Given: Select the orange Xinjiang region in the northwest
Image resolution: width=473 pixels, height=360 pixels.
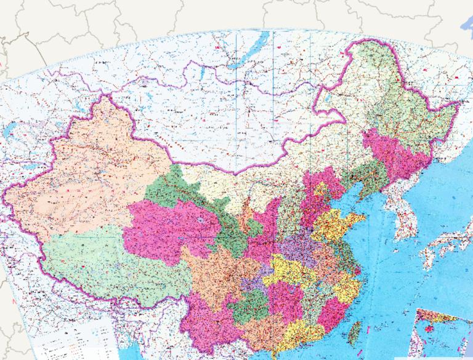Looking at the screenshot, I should click(x=92, y=178).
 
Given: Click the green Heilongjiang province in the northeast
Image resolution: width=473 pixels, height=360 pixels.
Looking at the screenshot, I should click(x=394, y=98).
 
